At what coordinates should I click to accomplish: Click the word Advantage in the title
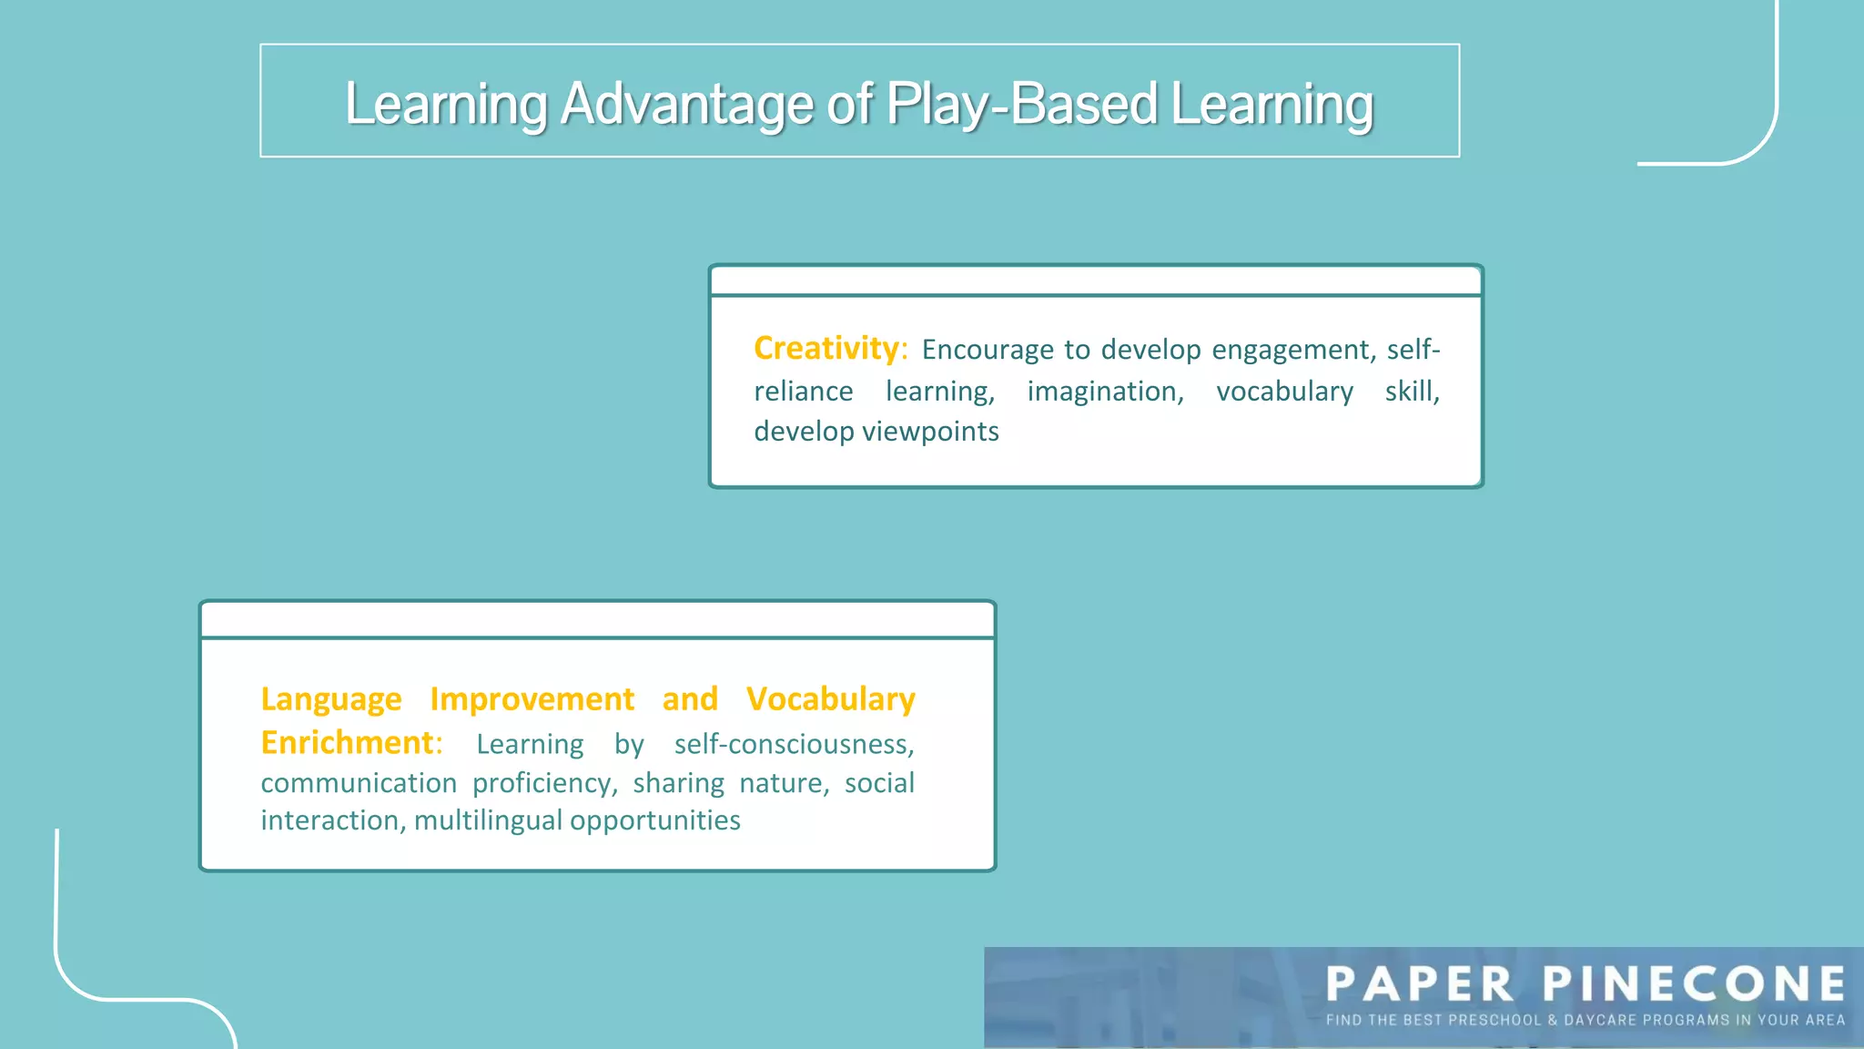click(x=686, y=105)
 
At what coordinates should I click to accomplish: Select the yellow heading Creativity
click(x=826, y=348)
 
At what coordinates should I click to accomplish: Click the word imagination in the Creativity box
click(x=1104, y=392)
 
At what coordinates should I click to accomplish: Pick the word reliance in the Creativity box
click(x=803, y=392)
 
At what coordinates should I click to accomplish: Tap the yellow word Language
click(x=330, y=699)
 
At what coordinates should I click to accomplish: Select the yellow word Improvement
click(x=532, y=699)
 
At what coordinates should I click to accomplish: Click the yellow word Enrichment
click(x=347, y=743)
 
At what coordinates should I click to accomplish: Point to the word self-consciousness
click(x=793, y=744)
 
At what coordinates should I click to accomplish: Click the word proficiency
click(x=544, y=783)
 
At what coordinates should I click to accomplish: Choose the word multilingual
click(x=488, y=820)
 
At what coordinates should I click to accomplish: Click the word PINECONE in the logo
click(x=1695, y=984)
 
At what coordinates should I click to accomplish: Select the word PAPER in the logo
click(x=1420, y=984)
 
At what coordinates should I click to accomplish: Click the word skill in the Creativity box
click(x=1410, y=392)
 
